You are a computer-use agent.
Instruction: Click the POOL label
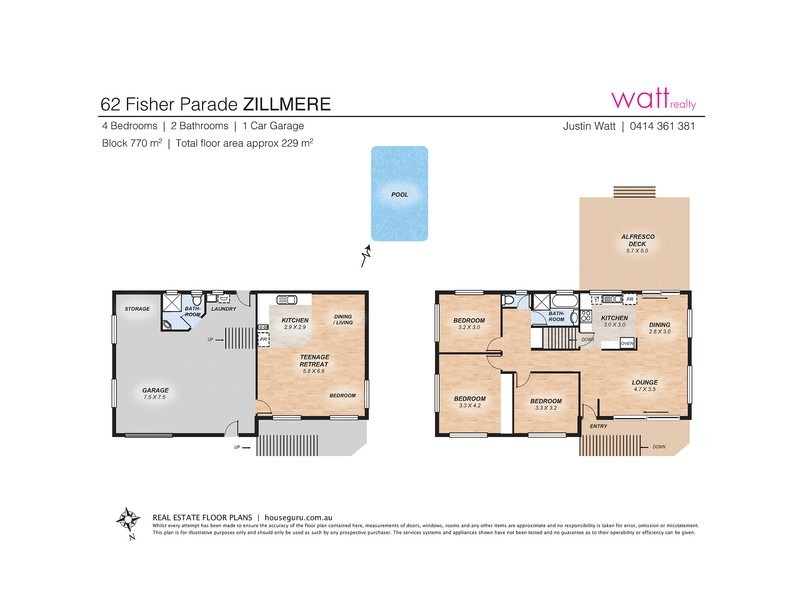click(399, 195)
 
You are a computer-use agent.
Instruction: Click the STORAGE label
click(137, 310)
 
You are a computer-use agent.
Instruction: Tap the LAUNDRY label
click(223, 310)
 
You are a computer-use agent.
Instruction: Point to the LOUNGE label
click(644, 382)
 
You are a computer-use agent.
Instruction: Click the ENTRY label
click(599, 427)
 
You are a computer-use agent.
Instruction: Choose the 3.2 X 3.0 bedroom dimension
click(469, 327)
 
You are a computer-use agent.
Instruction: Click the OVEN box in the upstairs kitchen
click(627, 343)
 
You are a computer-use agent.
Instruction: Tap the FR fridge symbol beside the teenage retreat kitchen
click(263, 340)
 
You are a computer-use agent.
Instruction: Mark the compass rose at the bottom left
click(128, 519)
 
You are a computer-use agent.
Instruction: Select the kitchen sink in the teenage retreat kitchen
click(290, 299)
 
